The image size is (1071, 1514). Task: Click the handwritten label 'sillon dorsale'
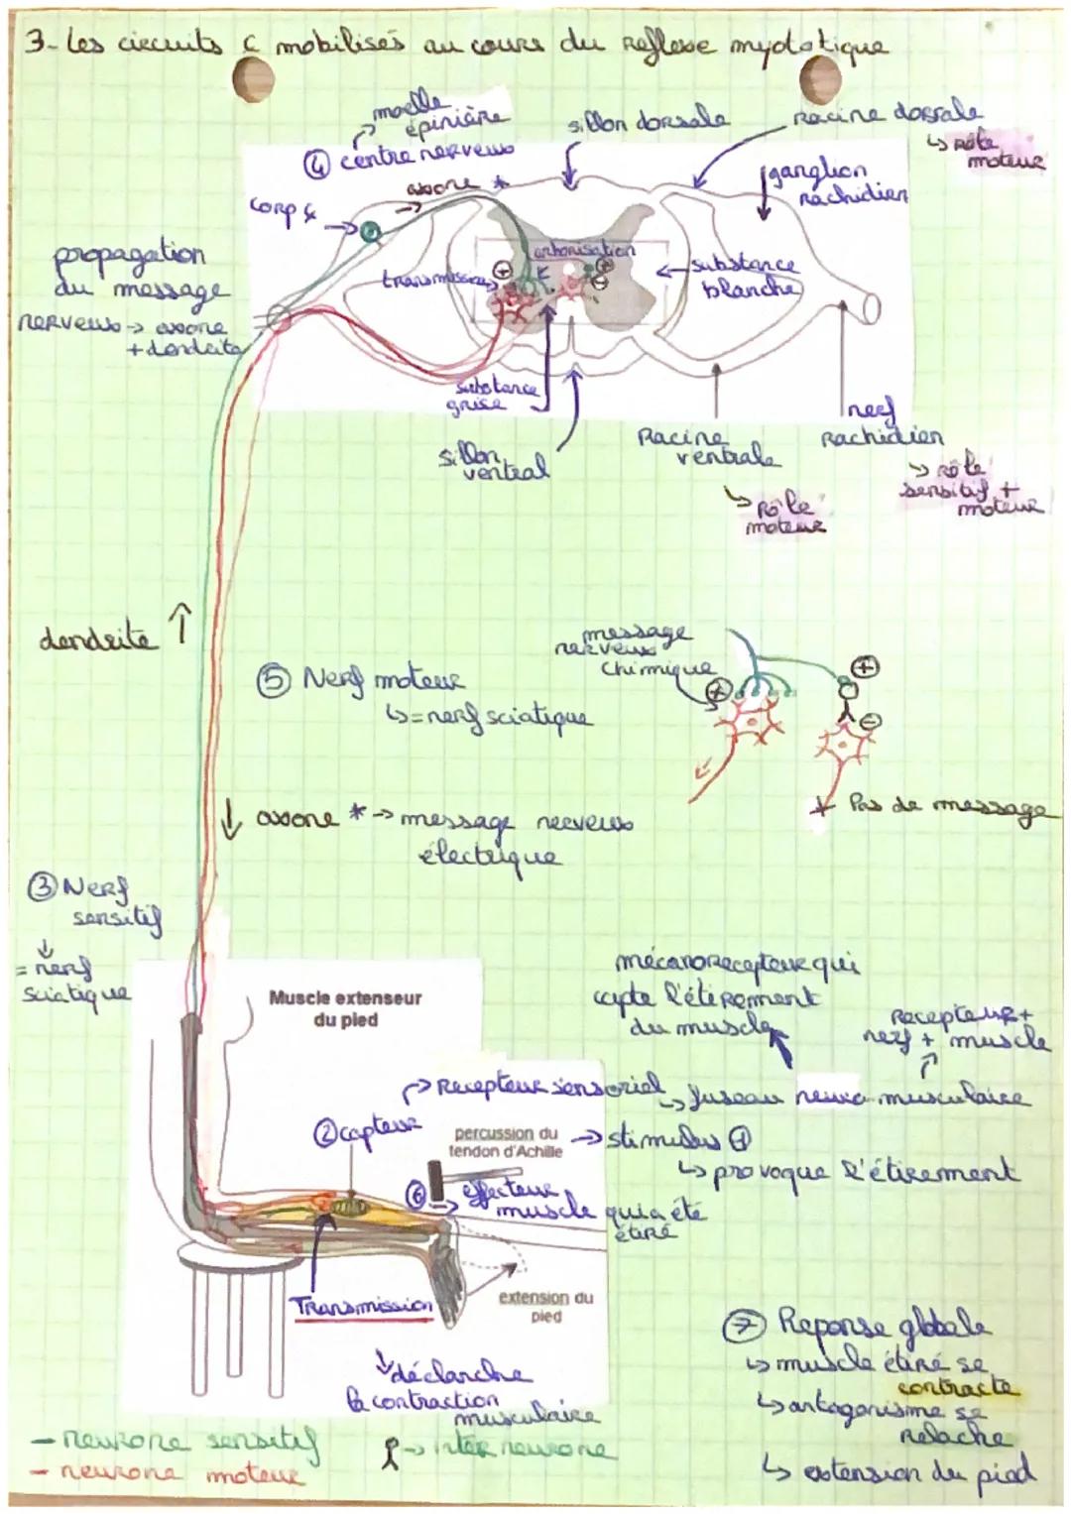[x=647, y=120]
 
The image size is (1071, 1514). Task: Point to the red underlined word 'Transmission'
[x=363, y=1306]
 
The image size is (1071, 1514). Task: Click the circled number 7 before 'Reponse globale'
[x=756, y=1324]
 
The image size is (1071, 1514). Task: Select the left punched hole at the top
[x=252, y=77]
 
